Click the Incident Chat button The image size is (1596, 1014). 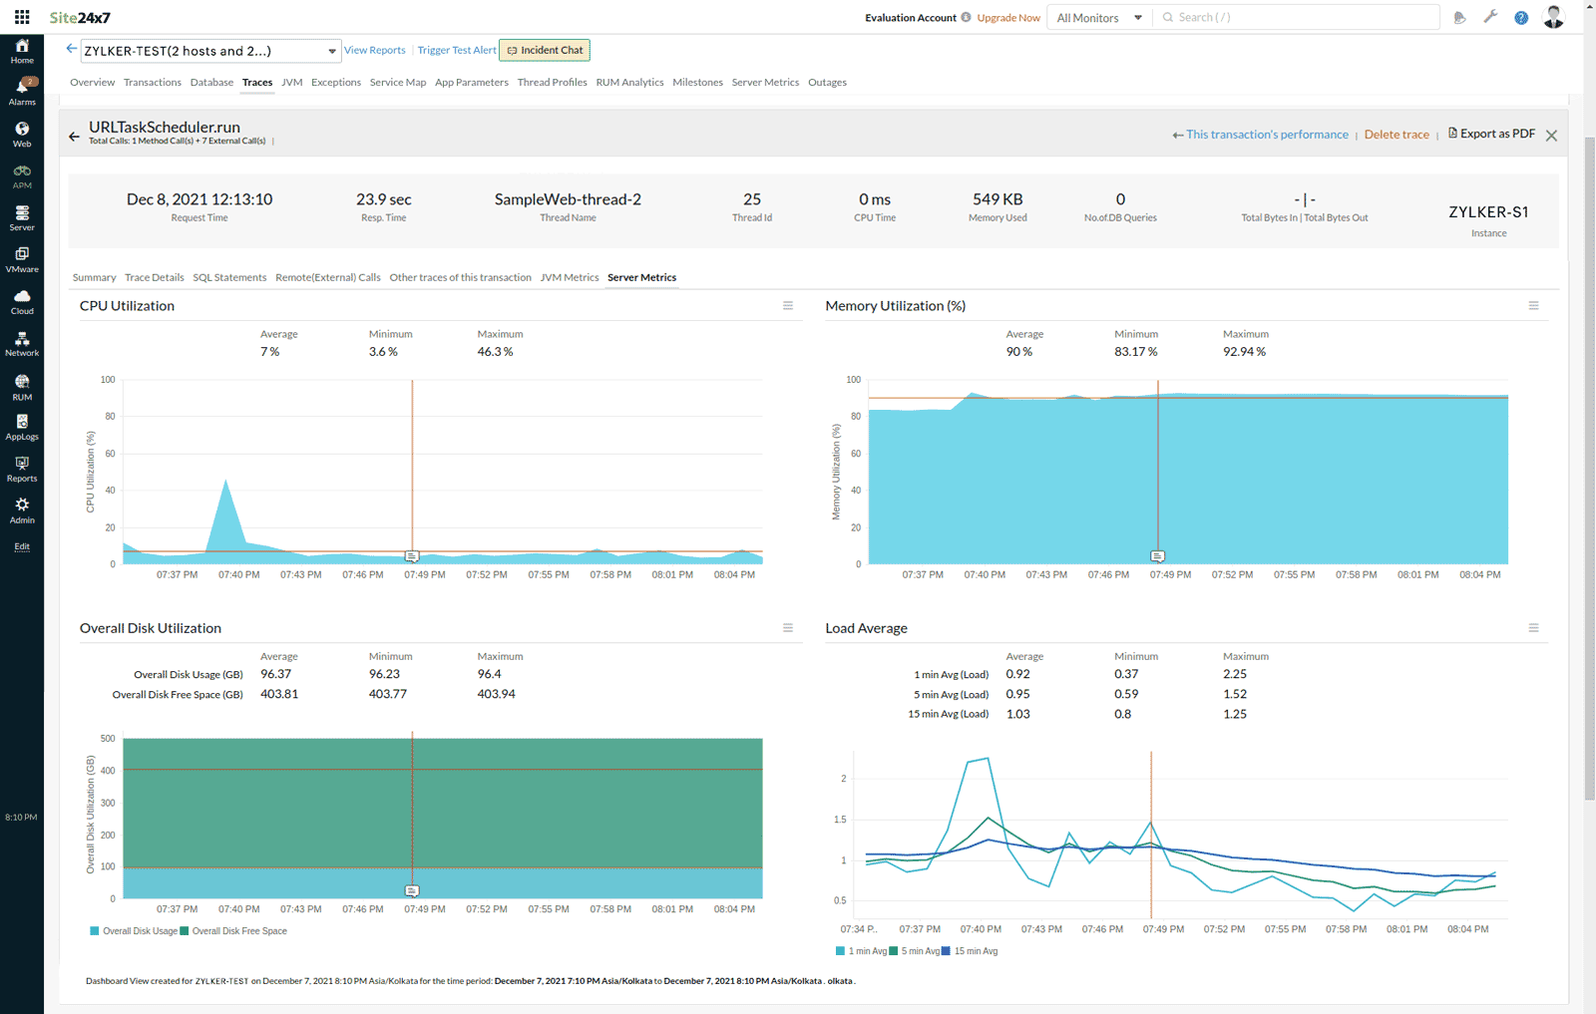point(545,50)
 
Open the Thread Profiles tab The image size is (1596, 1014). point(552,83)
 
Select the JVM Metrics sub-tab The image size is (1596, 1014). point(569,277)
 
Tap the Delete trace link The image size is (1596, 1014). point(1396,135)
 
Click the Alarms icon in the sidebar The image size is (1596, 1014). point(22,91)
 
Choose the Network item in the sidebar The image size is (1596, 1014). point(22,344)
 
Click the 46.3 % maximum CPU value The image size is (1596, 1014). point(495,352)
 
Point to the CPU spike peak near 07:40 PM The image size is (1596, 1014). point(226,482)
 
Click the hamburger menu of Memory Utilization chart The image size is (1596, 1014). point(1533,306)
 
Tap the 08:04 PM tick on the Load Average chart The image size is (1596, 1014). point(1467,929)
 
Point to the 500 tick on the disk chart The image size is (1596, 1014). point(108,739)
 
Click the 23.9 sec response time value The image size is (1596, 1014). point(384,199)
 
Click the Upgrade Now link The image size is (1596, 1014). point(1008,18)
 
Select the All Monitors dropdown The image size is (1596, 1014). point(1098,18)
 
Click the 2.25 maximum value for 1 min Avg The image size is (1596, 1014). point(1235,674)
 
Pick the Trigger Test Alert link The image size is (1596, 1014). point(456,50)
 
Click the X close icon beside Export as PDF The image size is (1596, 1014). point(1551,136)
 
